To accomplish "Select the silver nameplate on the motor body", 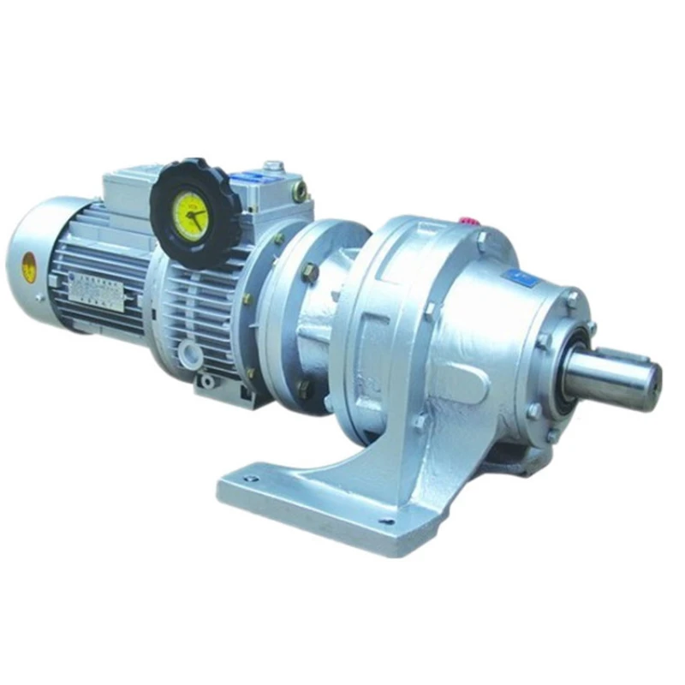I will tap(96, 292).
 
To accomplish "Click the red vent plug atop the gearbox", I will tap(468, 220).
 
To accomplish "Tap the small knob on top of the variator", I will tap(273, 164).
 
